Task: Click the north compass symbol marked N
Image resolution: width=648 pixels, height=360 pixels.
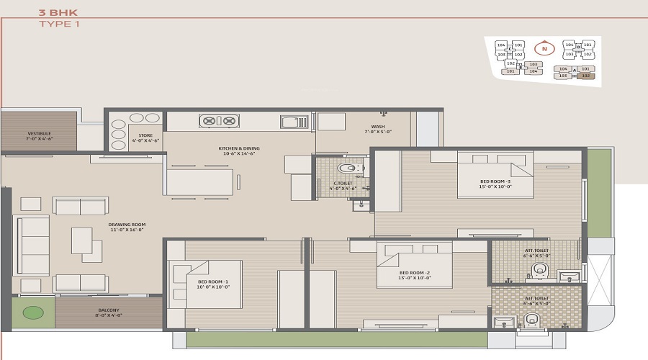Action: [545, 50]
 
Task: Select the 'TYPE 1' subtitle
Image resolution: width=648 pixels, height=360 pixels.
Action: [59, 24]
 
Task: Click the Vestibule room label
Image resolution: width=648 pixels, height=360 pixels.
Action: [39, 135]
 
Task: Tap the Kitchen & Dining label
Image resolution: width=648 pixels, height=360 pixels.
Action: [239, 150]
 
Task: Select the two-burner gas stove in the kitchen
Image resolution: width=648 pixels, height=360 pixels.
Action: [219, 121]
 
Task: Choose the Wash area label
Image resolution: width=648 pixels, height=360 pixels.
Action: [378, 130]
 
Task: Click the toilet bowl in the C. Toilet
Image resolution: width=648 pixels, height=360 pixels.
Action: [348, 169]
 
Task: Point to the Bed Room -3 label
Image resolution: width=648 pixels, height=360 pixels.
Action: [495, 184]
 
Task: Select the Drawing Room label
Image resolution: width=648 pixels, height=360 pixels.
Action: [127, 228]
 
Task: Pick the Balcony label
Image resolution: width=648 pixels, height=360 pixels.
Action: [109, 313]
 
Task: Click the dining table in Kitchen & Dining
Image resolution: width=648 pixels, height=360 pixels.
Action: [199, 182]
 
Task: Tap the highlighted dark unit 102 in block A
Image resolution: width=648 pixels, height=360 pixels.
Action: [585, 75]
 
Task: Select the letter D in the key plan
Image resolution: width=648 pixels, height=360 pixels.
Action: [578, 48]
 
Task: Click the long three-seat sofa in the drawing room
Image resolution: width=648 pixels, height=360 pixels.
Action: [32, 245]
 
